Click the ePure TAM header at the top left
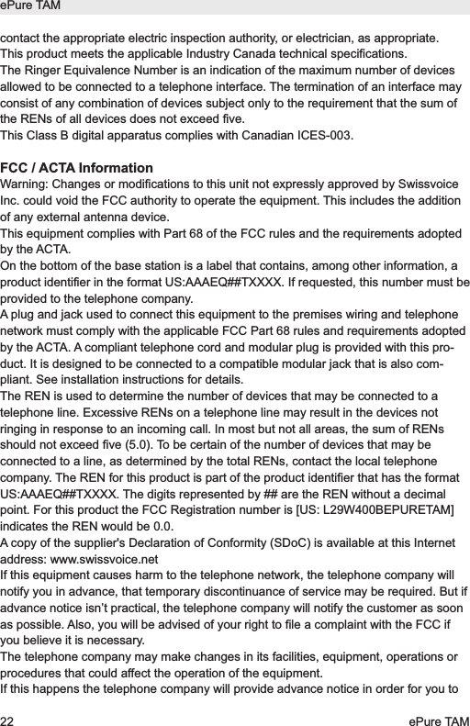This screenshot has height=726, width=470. [x=30, y=7]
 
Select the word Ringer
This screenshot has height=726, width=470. [x=47, y=71]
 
